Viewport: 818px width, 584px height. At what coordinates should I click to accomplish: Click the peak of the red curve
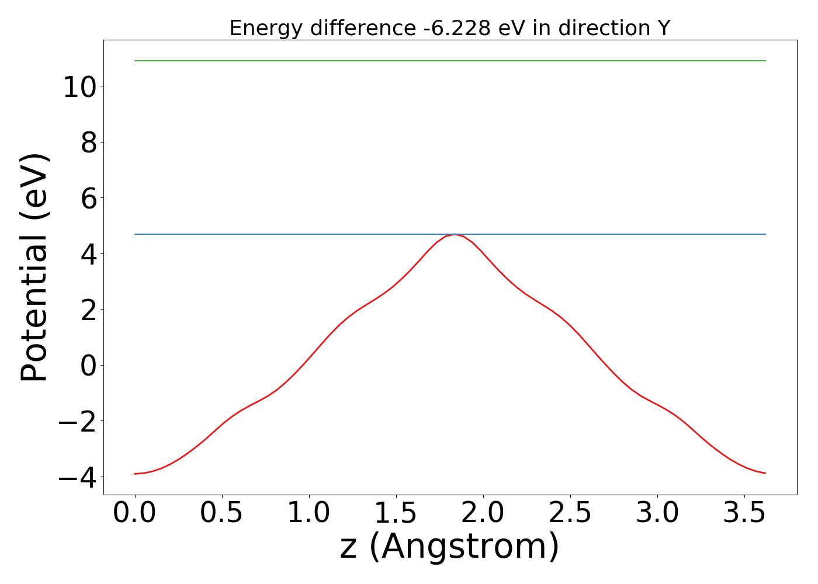[x=455, y=234]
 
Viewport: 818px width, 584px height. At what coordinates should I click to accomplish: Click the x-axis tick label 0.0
[x=134, y=513]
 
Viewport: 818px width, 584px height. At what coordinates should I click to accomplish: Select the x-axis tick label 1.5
[x=396, y=513]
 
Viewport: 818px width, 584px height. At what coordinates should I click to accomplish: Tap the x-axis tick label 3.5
[x=744, y=513]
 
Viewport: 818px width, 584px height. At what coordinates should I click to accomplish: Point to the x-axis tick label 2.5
[x=570, y=513]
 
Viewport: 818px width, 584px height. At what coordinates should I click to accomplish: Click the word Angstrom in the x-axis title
[x=465, y=547]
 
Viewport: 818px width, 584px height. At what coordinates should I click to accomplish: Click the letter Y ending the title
[x=663, y=28]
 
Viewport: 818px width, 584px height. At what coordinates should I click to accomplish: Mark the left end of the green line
[x=135, y=61]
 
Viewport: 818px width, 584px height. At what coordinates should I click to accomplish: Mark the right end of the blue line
[x=765, y=234]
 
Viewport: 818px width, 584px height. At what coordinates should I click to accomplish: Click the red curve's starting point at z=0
[x=135, y=474]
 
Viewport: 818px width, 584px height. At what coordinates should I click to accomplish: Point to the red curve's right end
[x=765, y=473]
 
